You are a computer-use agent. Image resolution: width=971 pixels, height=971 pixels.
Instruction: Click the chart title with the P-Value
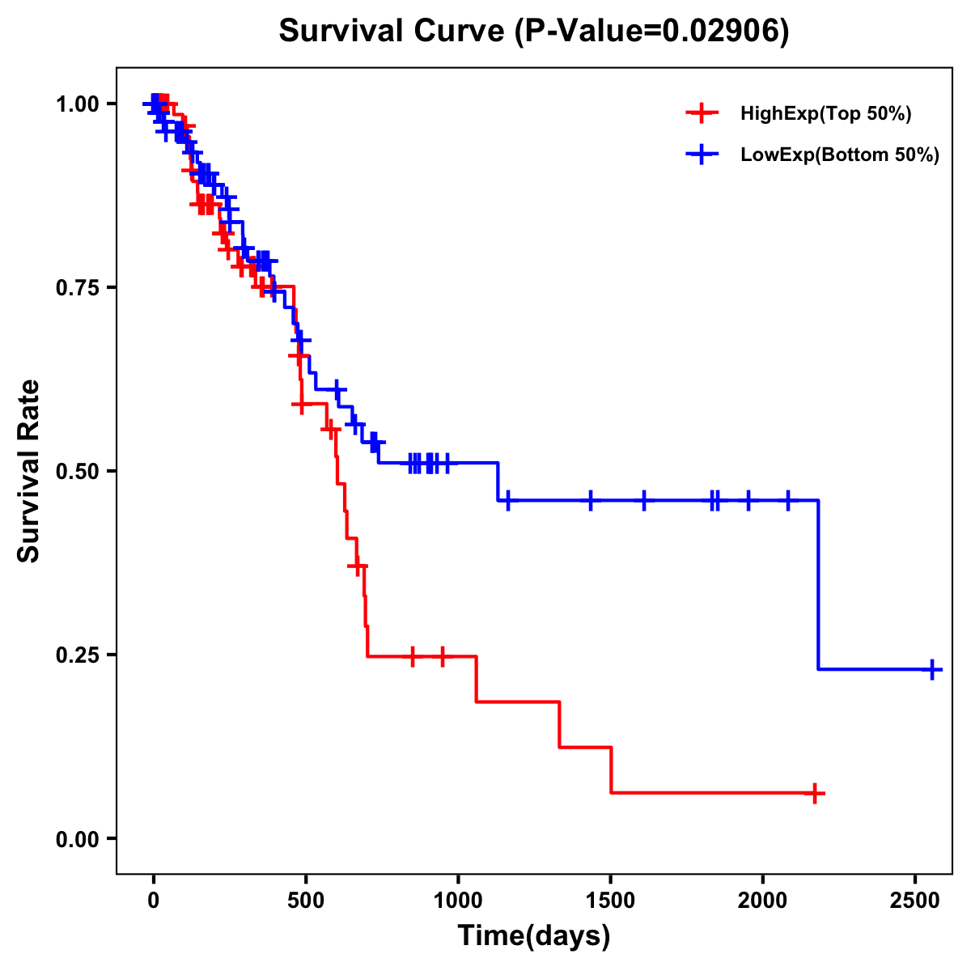[533, 31]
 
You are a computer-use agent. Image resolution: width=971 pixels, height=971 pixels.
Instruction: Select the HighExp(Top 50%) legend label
[825, 114]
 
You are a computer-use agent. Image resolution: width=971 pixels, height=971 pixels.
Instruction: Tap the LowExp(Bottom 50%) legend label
[840, 155]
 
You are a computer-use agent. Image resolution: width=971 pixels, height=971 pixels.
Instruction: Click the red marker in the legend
[702, 114]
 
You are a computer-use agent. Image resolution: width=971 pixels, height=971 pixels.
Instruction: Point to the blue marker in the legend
[702, 155]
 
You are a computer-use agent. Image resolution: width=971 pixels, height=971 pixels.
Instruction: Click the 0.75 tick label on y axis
[77, 287]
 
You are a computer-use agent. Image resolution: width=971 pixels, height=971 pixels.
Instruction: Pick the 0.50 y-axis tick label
[77, 471]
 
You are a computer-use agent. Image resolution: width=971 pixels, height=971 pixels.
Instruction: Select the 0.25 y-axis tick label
[77, 655]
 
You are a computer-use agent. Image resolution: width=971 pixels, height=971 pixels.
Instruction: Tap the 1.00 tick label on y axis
[77, 104]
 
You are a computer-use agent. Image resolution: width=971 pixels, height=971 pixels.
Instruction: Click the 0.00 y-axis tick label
[77, 839]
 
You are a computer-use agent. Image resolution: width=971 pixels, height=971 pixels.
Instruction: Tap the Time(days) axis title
[534, 936]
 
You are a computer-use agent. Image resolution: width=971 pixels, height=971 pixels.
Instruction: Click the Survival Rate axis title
[30, 471]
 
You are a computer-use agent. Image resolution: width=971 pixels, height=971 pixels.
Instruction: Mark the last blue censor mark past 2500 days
[932, 669]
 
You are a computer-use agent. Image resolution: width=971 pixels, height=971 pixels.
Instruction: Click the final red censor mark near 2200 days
[816, 793]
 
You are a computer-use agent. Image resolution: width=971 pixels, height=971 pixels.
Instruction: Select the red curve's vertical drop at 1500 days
[611, 770]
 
